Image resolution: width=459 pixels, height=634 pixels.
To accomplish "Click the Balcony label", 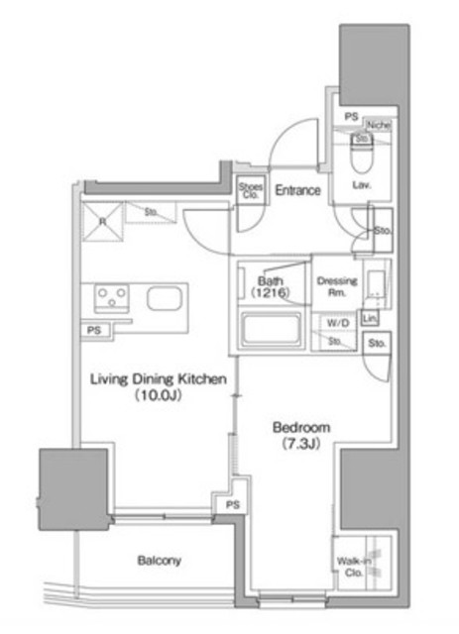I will click(158, 561).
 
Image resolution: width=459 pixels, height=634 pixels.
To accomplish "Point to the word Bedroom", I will click(301, 427).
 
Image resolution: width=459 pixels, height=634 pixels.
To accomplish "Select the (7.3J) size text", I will click(302, 443).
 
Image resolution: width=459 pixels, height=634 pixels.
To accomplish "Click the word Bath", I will click(271, 280).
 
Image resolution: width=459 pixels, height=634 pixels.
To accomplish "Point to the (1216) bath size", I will click(271, 294).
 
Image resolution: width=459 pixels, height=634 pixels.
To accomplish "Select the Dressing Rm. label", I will click(336, 286).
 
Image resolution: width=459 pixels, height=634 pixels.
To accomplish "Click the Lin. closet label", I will click(370, 319).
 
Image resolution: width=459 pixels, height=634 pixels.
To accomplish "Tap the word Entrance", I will click(296, 190).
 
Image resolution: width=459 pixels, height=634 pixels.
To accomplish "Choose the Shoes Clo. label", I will click(249, 190).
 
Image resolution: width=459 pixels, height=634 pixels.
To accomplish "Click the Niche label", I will click(378, 125).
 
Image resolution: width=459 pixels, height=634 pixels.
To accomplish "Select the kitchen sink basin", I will click(162, 298).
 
